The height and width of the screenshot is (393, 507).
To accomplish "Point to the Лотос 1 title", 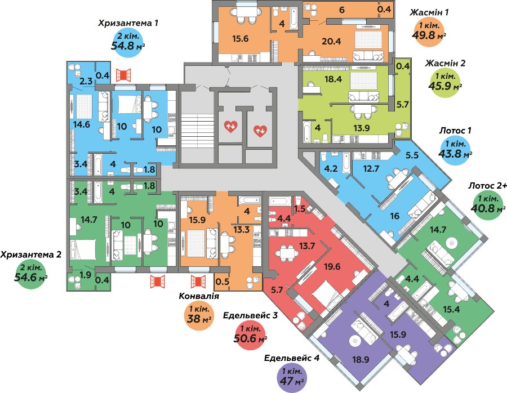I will (455, 131).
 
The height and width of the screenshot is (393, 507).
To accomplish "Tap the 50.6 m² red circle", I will (250, 335).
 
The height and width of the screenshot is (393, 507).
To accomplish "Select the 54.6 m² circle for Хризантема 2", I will (32, 274).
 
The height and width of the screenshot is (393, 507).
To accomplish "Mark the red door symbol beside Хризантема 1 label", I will (123, 75).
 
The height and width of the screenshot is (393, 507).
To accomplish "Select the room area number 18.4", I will (318, 79).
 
